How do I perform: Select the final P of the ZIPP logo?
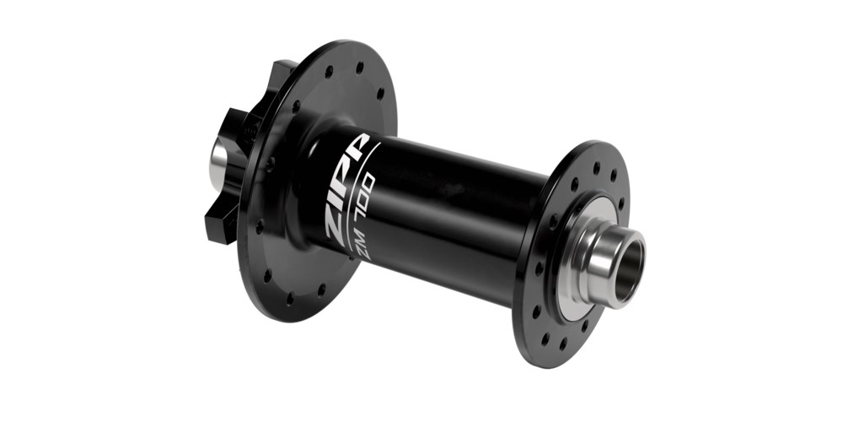(357, 147)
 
